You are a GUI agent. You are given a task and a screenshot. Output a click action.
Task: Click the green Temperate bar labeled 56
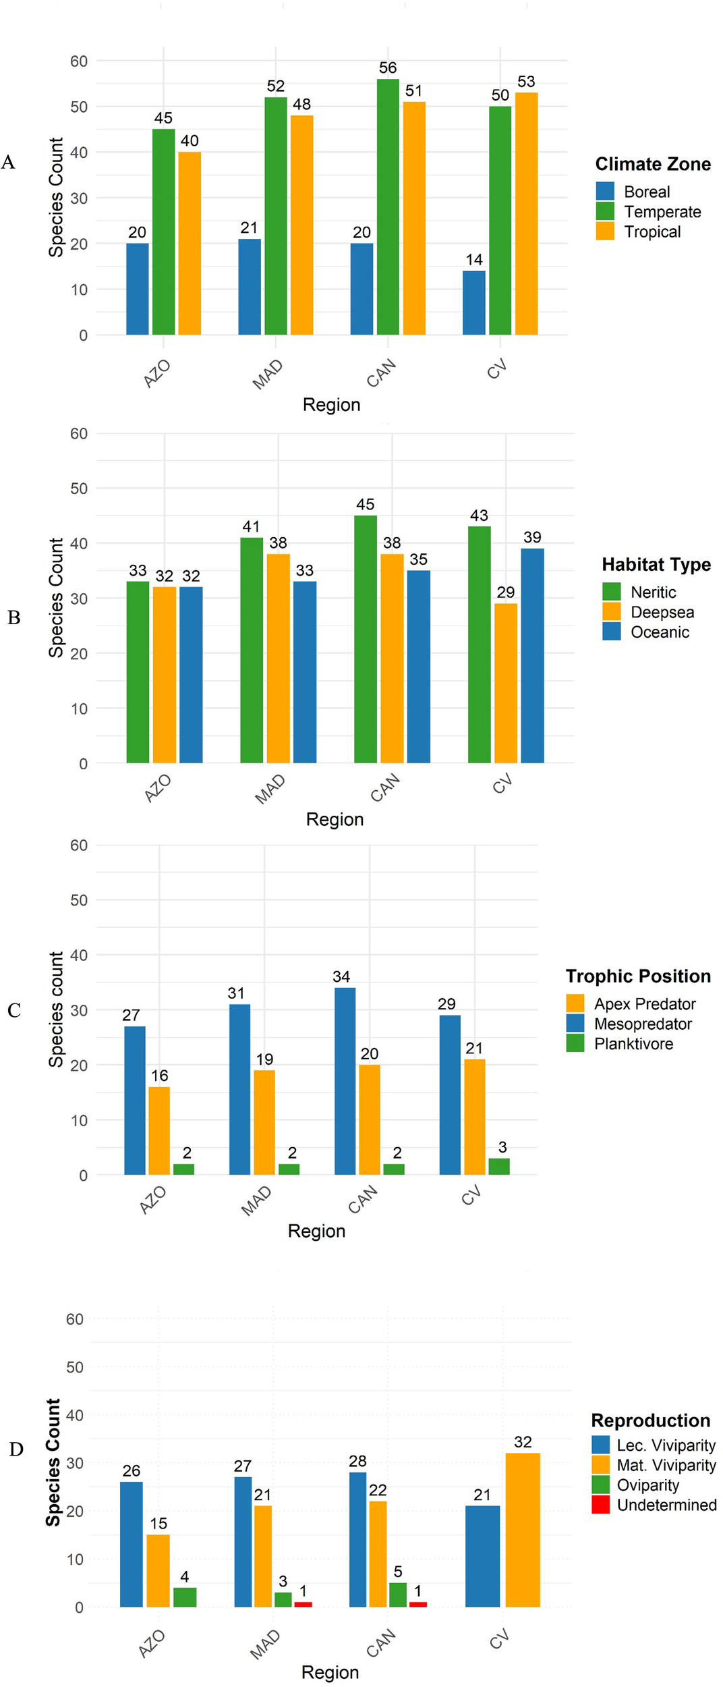388,206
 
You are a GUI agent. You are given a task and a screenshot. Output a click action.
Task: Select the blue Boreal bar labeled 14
473,302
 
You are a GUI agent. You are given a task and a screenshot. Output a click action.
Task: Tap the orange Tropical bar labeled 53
526,213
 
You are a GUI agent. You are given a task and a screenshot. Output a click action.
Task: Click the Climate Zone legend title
652,164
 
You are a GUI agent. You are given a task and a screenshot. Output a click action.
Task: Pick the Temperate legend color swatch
605,212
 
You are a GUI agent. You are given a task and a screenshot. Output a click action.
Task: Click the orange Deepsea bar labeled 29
506,683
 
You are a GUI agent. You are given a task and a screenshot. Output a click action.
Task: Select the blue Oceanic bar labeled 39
532,655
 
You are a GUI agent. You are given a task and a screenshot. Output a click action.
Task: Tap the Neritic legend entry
652,592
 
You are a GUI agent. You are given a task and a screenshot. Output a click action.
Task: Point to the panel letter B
13,617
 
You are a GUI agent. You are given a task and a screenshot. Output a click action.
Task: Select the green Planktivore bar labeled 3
499,1166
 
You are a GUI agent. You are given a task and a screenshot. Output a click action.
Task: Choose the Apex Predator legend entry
644,1003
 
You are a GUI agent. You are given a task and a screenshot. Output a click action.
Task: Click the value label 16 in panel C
159,1076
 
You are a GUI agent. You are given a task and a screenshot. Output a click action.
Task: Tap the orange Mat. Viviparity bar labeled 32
523,1530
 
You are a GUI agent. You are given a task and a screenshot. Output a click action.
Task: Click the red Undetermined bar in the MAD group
303,1604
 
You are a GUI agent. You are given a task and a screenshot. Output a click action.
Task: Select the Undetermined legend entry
666,1505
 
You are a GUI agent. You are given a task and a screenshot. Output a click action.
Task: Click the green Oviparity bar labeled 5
398,1595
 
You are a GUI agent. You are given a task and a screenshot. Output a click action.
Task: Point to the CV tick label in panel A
497,370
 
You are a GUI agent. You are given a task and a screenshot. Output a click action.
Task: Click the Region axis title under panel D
330,1672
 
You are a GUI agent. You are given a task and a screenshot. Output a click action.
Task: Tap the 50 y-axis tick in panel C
79,900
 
